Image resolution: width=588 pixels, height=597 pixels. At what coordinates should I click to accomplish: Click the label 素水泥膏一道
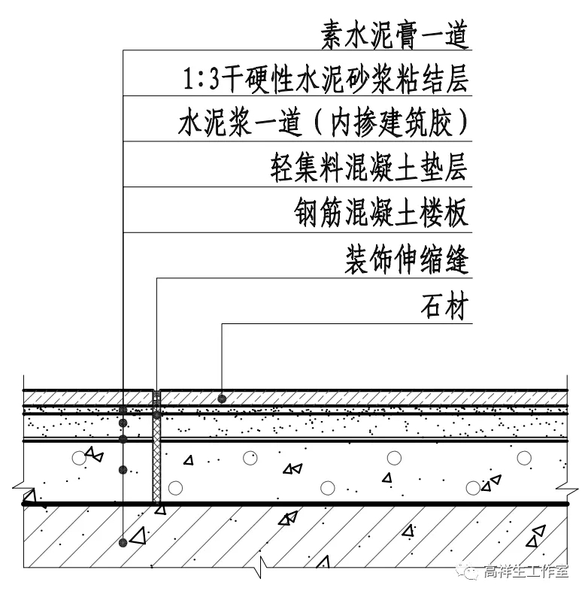coord(394,33)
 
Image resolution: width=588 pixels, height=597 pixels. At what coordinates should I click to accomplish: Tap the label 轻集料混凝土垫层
coord(368,167)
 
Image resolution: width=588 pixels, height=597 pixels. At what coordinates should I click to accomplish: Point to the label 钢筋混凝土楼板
coord(381,213)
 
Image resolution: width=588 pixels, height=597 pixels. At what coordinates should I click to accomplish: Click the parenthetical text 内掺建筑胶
coord(397,123)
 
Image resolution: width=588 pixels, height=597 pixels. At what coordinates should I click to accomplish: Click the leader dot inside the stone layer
coord(222,397)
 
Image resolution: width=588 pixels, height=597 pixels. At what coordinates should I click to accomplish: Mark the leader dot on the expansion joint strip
coord(156,414)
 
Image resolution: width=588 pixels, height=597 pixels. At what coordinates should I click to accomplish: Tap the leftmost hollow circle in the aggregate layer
coord(78,456)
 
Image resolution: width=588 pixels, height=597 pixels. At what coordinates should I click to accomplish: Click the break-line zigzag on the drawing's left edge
coord(29,499)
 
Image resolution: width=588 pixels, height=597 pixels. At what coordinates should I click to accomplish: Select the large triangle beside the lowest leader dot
coord(138,537)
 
